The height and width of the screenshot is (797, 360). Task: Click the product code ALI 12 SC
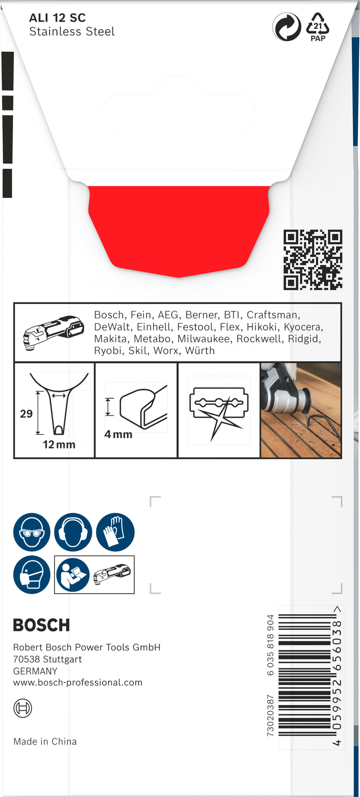click(57, 18)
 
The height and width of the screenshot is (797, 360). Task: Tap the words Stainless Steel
click(72, 31)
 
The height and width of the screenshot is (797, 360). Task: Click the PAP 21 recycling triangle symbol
click(318, 27)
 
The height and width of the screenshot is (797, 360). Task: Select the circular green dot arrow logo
click(287, 27)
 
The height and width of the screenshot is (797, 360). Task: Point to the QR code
click(313, 260)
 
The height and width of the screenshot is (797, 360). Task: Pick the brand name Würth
click(200, 350)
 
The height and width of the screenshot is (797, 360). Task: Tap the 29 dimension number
click(26, 414)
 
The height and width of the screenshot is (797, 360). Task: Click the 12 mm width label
click(59, 444)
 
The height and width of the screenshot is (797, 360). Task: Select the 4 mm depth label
click(118, 434)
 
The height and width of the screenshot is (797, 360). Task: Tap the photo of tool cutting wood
click(301, 410)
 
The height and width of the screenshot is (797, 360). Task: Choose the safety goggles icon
click(31, 532)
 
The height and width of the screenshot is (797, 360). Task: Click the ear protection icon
click(73, 532)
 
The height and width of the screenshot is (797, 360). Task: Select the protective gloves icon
click(115, 532)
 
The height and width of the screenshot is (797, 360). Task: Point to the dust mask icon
click(31, 575)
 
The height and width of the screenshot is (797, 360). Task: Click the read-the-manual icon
click(72, 575)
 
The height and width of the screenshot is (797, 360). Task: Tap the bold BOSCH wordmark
click(41, 625)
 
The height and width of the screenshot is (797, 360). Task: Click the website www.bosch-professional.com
click(78, 682)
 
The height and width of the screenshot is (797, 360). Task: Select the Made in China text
click(45, 741)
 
